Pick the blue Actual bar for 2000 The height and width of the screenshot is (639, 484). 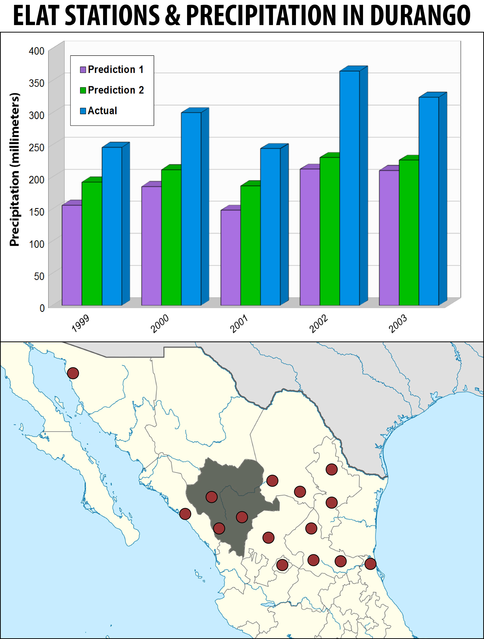click(x=191, y=209)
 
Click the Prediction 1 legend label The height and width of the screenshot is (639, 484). click(x=115, y=70)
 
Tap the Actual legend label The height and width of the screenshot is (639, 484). click(x=103, y=111)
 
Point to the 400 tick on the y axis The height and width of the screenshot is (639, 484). click(x=37, y=51)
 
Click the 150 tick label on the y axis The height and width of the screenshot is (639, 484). click(x=37, y=212)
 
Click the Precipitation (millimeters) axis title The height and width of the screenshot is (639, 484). click(x=14, y=170)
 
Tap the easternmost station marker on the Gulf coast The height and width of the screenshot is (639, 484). click(x=370, y=564)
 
